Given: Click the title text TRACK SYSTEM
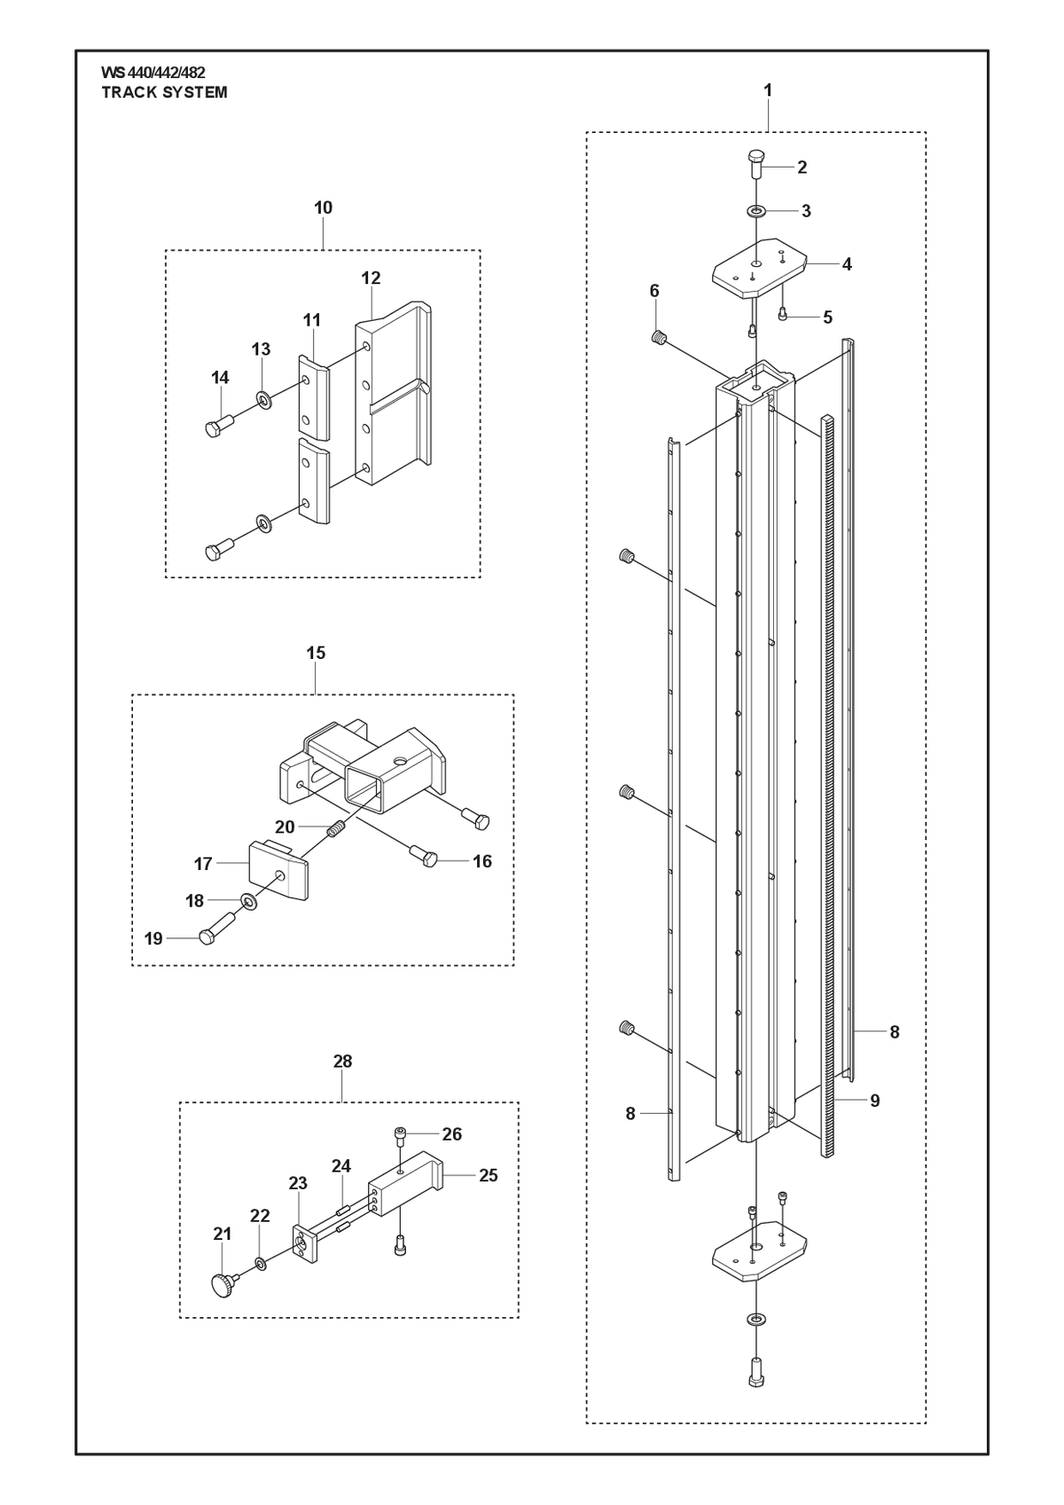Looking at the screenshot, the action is click(165, 93).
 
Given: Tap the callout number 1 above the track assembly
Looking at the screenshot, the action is click(768, 90).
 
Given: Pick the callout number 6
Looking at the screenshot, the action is click(654, 291).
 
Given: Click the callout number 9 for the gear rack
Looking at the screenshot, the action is click(874, 1101).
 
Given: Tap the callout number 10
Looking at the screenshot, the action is click(323, 208).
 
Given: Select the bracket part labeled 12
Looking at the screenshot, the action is click(393, 395).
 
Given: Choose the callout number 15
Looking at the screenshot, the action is click(316, 653).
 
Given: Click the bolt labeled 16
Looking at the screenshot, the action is click(423, 855).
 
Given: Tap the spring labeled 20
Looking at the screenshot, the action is click(337, 830).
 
